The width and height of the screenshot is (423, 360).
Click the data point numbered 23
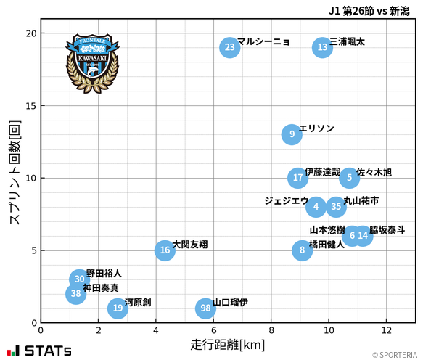coord(229,48)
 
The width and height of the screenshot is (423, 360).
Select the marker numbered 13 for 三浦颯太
coord(323,48)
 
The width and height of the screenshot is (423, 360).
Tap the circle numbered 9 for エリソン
coord(292,134)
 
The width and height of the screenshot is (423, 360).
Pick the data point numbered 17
coord(297,178)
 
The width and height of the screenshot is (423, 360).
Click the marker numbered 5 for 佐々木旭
coord(349,178)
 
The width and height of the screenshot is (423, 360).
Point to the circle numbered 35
coord(336,207)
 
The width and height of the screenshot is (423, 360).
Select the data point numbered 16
coord(165,250)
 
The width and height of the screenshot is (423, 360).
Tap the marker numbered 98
coord(205,308)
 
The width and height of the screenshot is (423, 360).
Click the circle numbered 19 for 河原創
coord(118,308)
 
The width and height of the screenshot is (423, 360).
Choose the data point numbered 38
coord(76,294)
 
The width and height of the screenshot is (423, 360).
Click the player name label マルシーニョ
coord(263,42)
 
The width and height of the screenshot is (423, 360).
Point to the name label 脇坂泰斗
coord(387,230)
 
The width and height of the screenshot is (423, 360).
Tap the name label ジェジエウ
coord(286,201)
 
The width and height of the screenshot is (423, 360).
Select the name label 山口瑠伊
coord(230,303)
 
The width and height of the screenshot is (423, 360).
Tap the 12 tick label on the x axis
coord(386,330)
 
